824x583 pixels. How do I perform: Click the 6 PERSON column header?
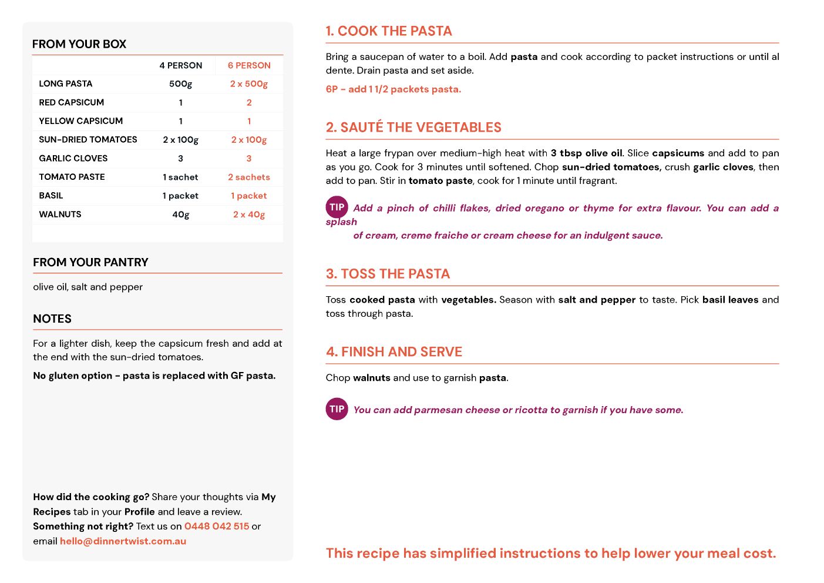click(249, 65)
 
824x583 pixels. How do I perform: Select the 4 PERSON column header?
click(181, 65)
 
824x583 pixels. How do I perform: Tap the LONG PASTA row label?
click(66, 83)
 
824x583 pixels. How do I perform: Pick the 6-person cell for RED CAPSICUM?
click(249, 102)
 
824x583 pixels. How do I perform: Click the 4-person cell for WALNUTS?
click(181, 215)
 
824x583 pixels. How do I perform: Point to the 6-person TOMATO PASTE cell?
click(249, 177)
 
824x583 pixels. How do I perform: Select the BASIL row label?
click(51, 196)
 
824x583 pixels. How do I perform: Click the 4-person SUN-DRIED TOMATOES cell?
click(181, 140)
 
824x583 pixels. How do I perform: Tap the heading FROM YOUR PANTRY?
click(90, 262)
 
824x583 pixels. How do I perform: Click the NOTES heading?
click(52, 319)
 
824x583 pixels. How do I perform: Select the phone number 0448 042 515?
click(217, 526)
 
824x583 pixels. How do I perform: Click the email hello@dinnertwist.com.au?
click(123, 541)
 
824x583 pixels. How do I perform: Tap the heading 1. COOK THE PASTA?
click(389, 31)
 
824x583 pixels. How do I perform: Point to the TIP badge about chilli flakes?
click(337, 207)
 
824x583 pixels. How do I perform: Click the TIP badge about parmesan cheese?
click(337, 409)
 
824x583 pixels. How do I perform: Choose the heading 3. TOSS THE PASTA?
click(388, 274)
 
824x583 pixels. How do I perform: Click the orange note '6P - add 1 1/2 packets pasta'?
click(393, 89)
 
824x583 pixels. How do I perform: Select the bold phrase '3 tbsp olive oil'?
click(586, 153)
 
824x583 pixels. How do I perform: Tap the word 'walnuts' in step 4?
click(371, 378)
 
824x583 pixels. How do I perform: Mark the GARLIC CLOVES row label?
click(73, 158)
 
